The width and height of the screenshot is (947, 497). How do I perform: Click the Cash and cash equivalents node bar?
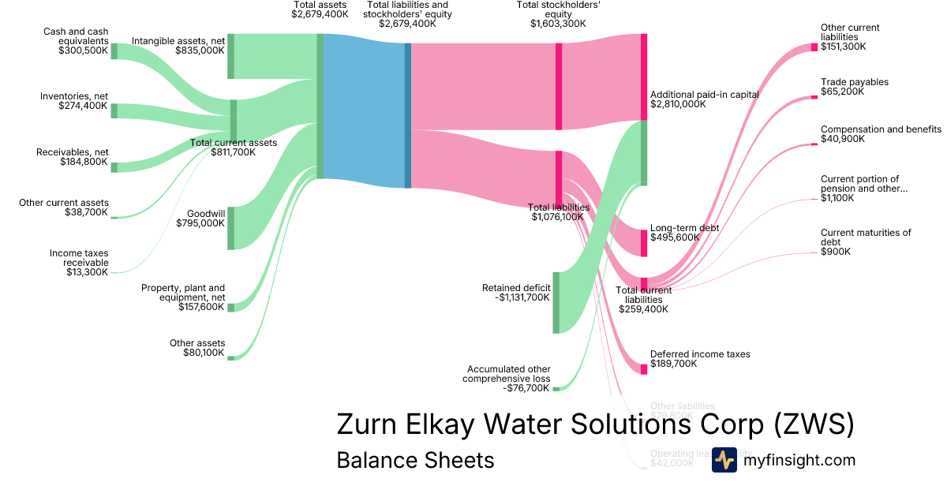coord(114,51)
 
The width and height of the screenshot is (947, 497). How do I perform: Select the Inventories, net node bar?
coord(114,110)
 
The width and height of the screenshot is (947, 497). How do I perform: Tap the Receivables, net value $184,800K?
coord(84,162)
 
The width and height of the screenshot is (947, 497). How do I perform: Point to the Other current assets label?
coord(64,203)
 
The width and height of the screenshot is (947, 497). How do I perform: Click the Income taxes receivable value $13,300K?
coord(88,272)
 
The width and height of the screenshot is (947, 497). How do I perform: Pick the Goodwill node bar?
coord(230,227)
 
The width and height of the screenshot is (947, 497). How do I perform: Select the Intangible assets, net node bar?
coord(230,56)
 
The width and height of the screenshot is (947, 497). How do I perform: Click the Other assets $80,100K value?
coord(204,353)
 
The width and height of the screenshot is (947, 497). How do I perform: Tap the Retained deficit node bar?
coord(556,302)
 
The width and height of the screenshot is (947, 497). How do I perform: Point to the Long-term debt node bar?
coord(644,242)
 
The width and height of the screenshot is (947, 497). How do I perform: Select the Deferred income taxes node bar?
coord(644,368)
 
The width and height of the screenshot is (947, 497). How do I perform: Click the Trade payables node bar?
coord(814,97)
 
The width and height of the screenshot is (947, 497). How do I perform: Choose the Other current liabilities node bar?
coord(814,47)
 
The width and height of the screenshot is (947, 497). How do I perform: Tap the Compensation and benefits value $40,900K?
coord(843,139)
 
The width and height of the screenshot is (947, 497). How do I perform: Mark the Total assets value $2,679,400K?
coord(320,14)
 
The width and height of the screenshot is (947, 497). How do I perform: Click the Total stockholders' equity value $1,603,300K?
coord(558,24)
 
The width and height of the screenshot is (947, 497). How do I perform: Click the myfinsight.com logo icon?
coord(724,460)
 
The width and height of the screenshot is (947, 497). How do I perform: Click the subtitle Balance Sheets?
coord(415,460)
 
